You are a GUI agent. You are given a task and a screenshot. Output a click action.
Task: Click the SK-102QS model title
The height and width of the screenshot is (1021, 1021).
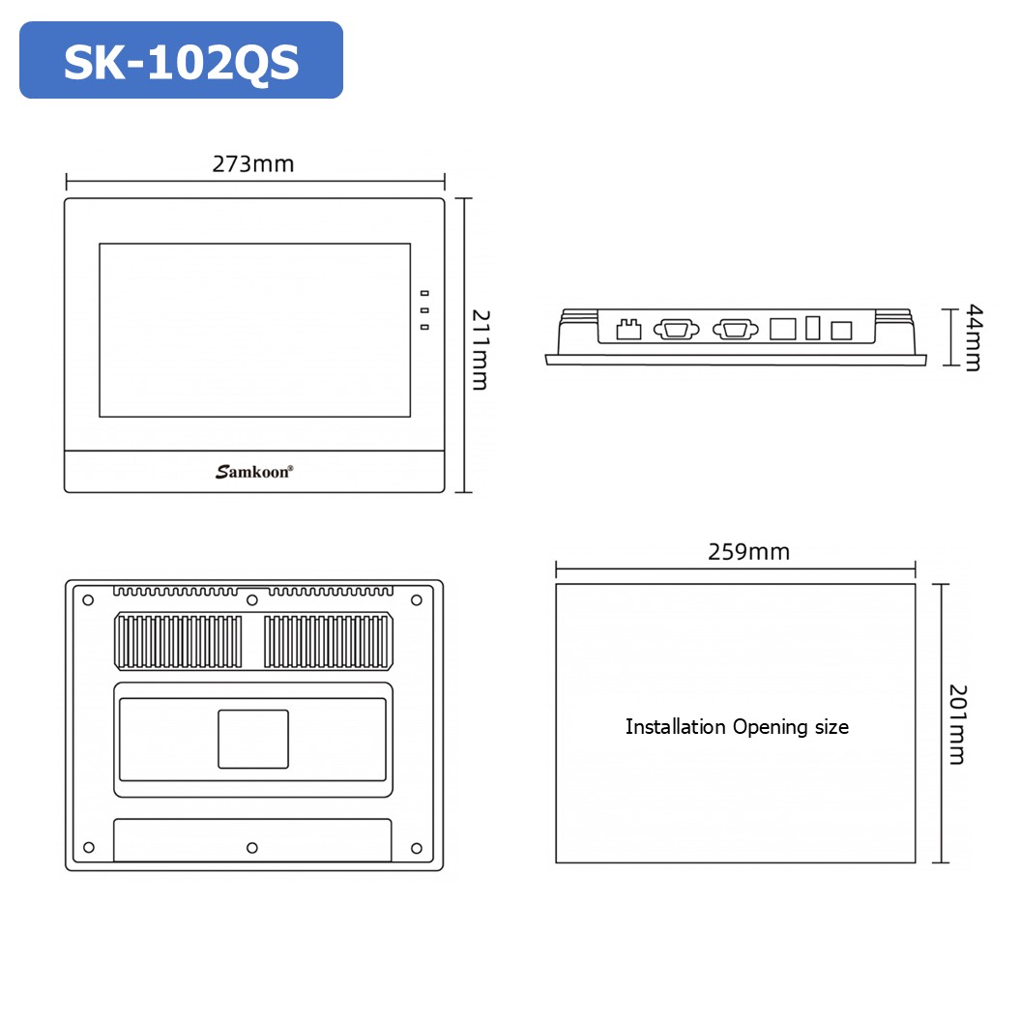tap(181, 61)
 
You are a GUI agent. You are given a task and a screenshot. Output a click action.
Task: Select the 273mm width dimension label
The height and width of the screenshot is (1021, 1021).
tap(253, 163)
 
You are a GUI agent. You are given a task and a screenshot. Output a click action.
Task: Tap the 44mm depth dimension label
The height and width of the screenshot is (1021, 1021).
tap(973, 336)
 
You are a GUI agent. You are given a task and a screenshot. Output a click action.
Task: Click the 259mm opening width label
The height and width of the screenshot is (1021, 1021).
tap(748, 551)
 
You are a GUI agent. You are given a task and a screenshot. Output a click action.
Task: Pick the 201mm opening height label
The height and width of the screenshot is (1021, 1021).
tap(956, 723)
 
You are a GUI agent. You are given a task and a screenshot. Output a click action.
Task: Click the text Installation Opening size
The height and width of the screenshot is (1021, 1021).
tap(737, 726)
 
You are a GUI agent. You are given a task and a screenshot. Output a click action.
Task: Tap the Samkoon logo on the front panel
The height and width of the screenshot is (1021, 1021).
tap(254, 472)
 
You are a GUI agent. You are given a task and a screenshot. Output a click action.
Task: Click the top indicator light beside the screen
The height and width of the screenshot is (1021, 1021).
tap(424, 293)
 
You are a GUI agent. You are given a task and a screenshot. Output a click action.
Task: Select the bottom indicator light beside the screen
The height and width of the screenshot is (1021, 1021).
tap(424, 328)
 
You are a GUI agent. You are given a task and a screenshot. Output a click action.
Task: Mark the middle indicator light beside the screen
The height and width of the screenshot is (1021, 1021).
tap(424, 310)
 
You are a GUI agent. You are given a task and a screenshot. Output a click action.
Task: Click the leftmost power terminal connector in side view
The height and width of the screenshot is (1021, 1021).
tap(629, 329)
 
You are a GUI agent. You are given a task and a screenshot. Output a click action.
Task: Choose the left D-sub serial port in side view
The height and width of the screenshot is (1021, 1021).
tap(676, 330)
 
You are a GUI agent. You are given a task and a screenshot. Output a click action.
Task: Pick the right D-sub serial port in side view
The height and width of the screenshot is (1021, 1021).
tap(735, 330)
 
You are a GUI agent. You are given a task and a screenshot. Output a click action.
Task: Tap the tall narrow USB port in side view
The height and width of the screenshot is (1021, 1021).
tap(812, 328)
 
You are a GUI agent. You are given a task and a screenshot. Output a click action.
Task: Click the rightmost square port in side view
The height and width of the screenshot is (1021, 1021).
tap(841, 330)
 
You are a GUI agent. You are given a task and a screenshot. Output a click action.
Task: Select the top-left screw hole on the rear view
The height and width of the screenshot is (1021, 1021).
tap(88, 600)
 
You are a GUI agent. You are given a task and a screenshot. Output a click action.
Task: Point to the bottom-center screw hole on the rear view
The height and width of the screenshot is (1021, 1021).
tap(252, 848)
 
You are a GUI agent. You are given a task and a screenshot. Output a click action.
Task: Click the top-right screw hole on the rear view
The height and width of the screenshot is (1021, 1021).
tap(417, 600)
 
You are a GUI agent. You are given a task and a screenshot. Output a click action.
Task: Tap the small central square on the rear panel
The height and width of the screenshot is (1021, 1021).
tap(253, 739)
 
